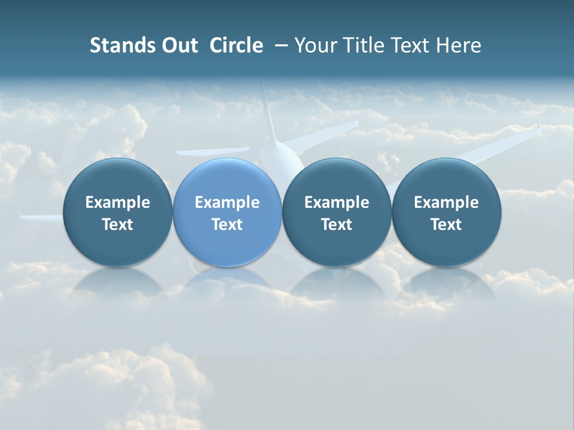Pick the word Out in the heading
178,45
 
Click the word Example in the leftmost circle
117,202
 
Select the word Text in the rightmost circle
446,225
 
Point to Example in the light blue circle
227,202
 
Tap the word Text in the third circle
337,225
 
